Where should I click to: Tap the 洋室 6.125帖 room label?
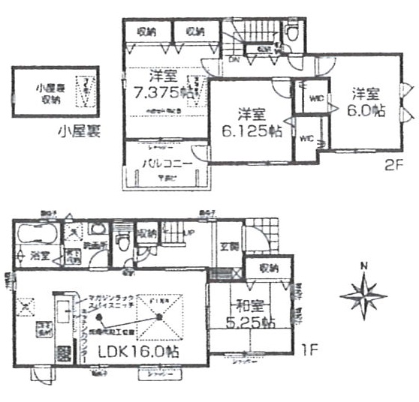[x=251, y=121]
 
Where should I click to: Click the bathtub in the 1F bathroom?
[x=35, y=232]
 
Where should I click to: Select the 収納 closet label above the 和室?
[x=270, y=268]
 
